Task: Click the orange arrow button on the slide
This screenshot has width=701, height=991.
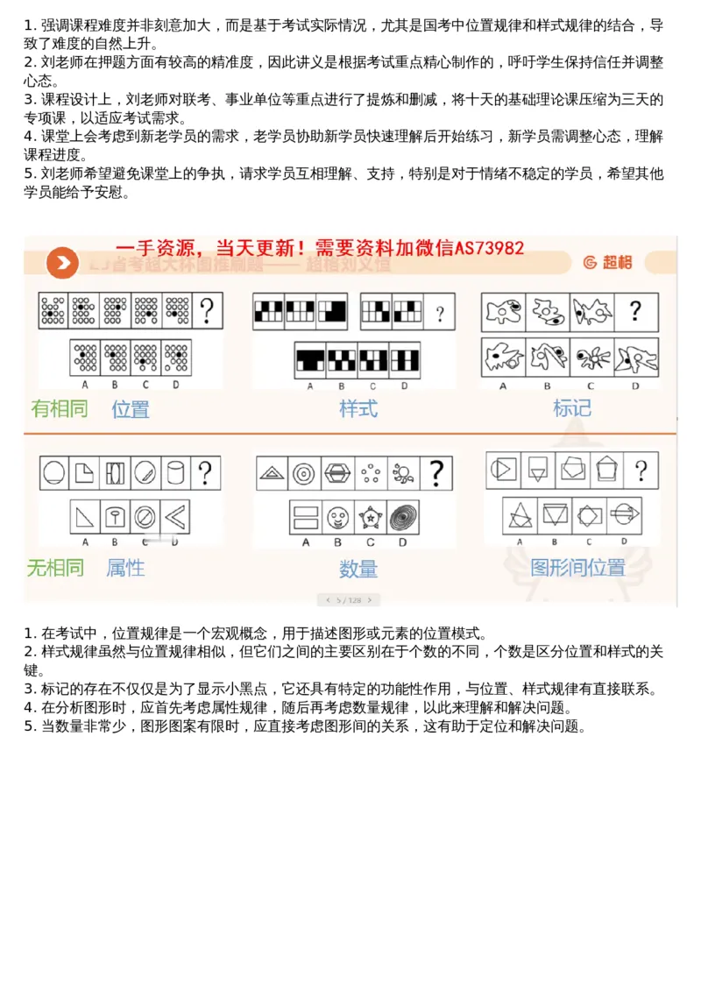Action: (x=62, y=262)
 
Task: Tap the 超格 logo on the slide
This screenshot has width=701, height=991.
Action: (x=606, y=262)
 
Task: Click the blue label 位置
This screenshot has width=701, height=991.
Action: (x=130, y=409)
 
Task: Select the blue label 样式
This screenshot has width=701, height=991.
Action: (x=358, y=408)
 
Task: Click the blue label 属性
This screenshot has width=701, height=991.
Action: (x=125, y=568)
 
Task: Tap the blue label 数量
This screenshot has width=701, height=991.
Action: (x=358, y=569)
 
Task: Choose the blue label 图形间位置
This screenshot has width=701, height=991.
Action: (x=577, y=568)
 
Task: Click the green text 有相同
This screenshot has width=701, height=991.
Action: (x=60, y=409)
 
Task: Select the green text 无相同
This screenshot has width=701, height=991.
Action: (x=55, y=568)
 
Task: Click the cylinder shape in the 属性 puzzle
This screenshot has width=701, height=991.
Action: (x=174, y=473)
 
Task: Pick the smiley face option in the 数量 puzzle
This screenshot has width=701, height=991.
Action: (x=337, y=517)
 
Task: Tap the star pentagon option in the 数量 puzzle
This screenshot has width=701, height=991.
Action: (x=371, y=517)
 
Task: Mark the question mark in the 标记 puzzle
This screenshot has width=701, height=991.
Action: (x=635, y=311)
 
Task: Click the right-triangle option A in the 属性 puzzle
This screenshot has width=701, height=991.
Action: (x=85, y=517)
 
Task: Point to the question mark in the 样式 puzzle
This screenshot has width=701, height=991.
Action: (x=439, y=312)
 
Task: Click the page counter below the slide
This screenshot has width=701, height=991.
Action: (x=350, y=600)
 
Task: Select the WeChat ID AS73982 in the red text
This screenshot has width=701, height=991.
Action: (x=489, y=248)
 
